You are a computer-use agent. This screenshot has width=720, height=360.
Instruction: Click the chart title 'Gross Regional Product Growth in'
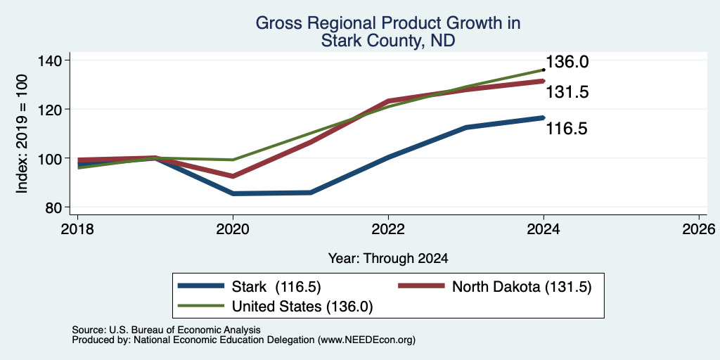click(388, 23)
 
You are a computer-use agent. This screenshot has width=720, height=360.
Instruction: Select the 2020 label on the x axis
click(233, 229)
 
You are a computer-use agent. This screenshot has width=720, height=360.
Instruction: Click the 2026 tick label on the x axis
click(699, 229)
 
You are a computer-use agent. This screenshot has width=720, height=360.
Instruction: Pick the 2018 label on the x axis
click(77, 229)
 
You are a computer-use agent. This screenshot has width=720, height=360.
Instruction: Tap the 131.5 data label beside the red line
click(567, 92)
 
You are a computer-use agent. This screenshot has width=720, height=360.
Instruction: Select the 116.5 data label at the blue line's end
click(567, 129)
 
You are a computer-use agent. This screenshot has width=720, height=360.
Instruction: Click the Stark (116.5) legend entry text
click(276, 287)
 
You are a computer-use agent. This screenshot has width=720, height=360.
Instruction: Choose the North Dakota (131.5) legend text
click(522, 287)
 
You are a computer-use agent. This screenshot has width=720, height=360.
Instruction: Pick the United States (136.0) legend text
click(302, 307)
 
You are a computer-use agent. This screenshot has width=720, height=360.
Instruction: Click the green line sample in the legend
click(200, 306)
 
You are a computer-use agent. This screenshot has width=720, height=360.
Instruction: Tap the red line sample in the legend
click(421, 286)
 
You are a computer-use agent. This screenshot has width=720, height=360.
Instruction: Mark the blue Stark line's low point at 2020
click(233, 193)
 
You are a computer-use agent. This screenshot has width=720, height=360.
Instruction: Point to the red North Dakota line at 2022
click(388, 101)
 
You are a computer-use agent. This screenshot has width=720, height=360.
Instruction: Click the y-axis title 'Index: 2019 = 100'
click(22, 134)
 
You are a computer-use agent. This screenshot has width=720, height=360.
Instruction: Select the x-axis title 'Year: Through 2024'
click(388, 259)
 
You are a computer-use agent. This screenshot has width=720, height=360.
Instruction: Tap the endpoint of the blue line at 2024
click(544, 118)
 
